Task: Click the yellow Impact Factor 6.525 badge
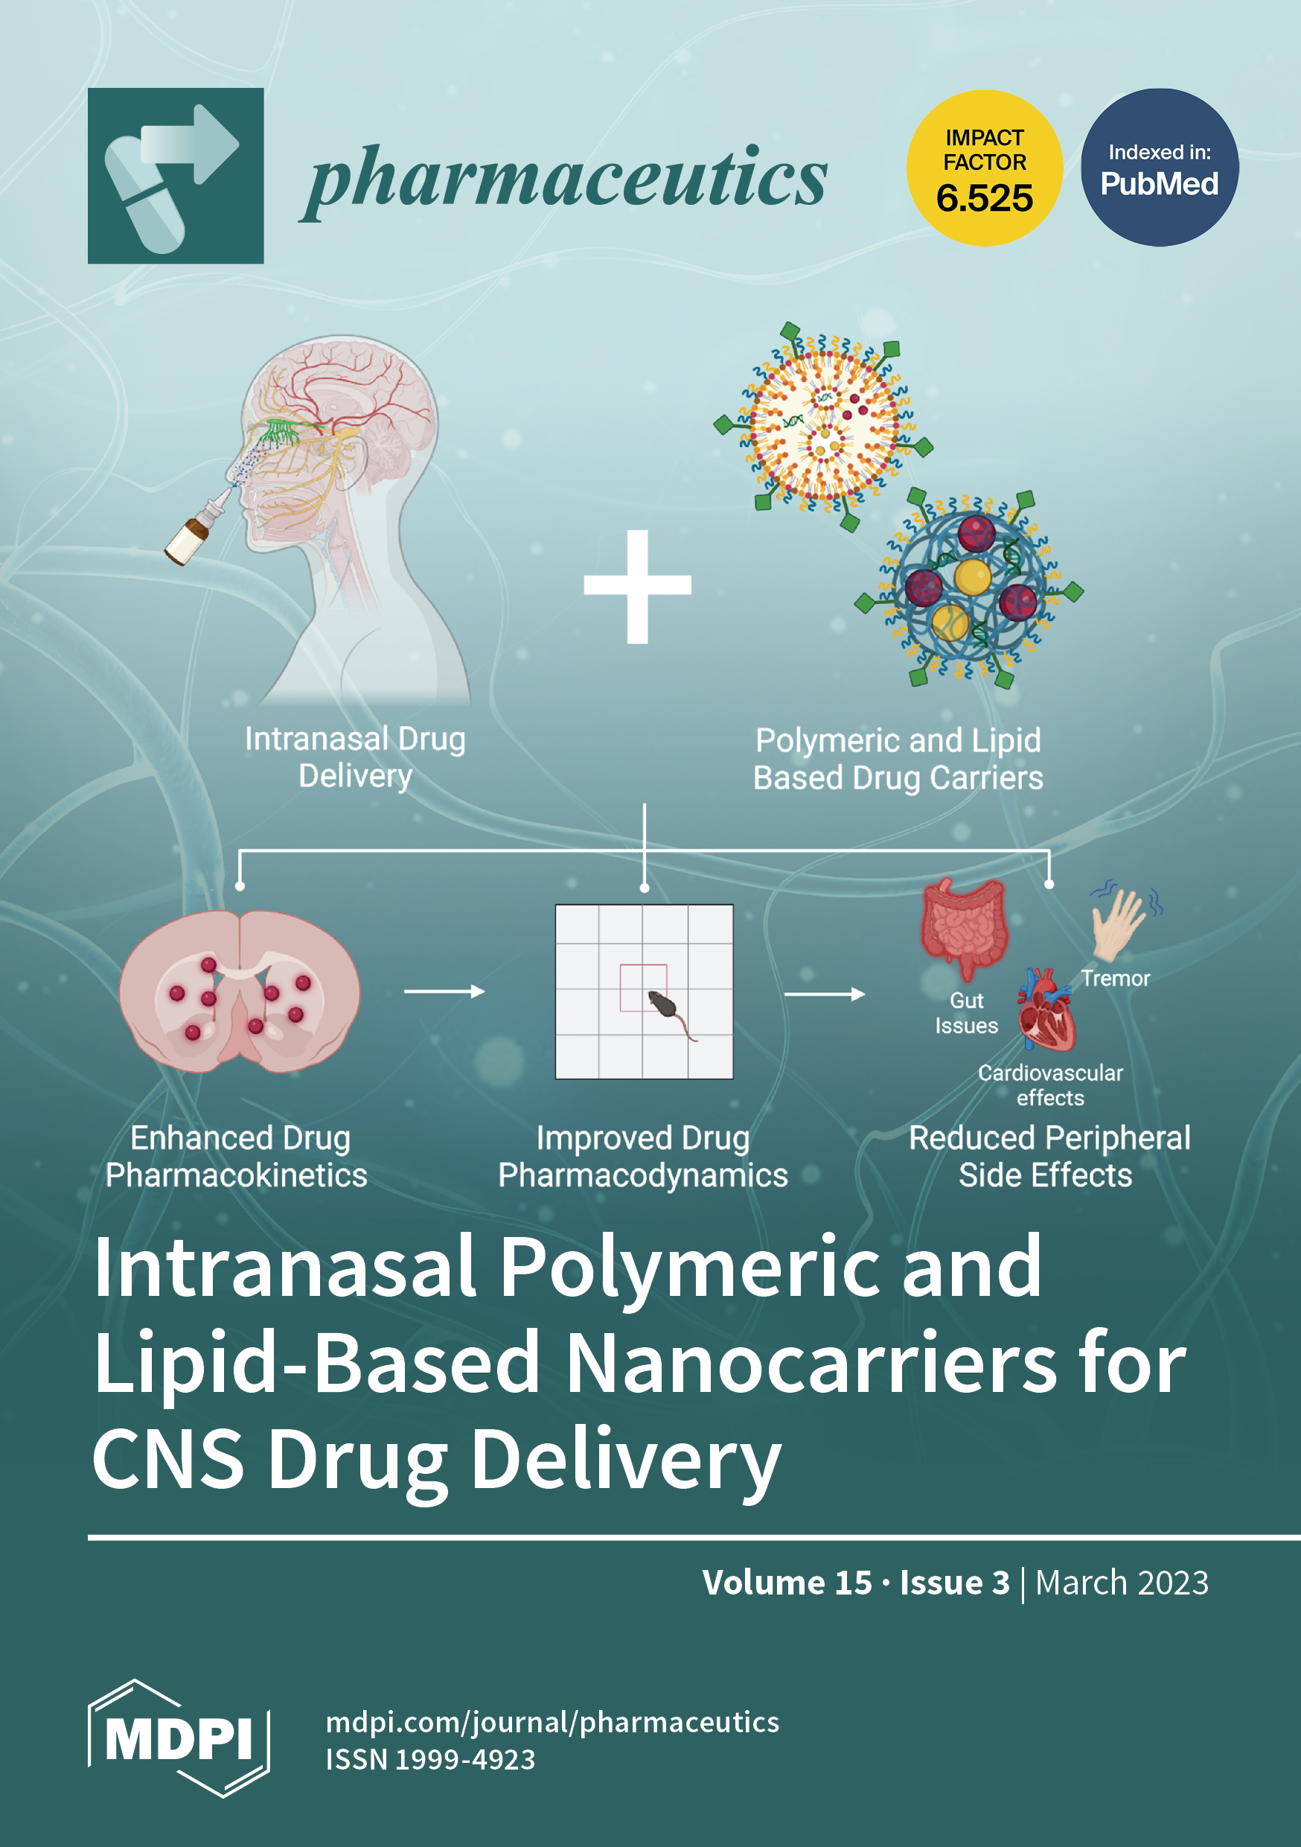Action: coord(984,168)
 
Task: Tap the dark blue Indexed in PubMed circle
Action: coord(1160,168)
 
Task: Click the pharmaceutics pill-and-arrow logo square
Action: coord(176,175)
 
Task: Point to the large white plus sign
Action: coord(638,585)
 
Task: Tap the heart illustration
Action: coord(1046,1012)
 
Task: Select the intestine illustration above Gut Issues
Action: coord(965,926)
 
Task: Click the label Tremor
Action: coord(1115,978)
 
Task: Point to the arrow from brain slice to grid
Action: coord(444,992)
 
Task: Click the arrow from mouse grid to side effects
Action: coord(824,994)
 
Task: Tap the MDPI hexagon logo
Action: coord(179,1738)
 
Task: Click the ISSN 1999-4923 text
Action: coord(430,1759)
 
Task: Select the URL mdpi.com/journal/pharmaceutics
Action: coord(552,1723)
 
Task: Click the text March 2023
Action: coord(1122,1583)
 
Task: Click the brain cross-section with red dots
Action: coord(240,991)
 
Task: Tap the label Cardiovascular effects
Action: coord(1050,1085)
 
